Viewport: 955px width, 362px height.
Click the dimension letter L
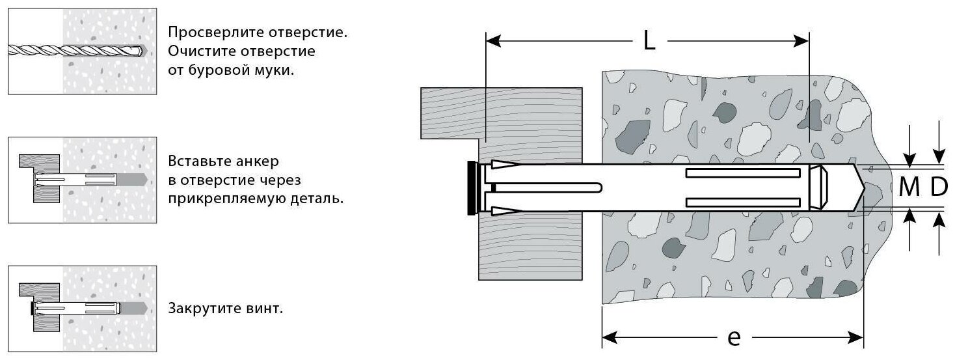pyautogui.click(x=649, y=41)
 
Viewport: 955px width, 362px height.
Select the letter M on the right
pyautogui.click(x=909, y=188)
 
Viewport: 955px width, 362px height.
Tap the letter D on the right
pyautogui.click(x=939, y=188)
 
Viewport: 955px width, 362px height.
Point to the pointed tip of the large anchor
pyautogui.click(x=859, y=187)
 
